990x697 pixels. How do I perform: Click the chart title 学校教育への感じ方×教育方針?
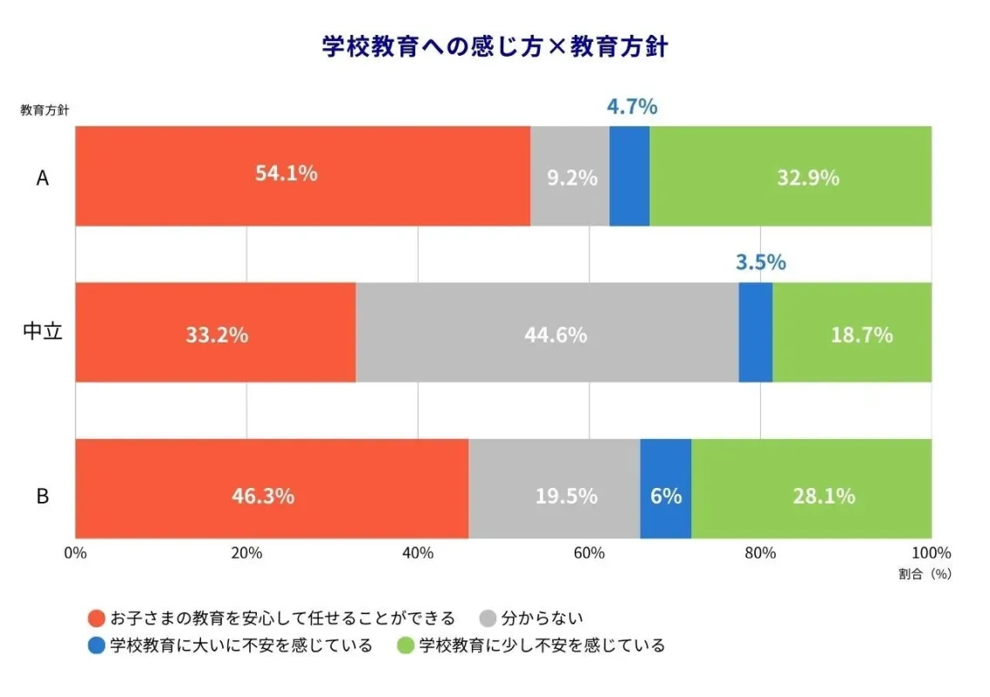495,47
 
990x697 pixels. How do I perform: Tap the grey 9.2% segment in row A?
569,176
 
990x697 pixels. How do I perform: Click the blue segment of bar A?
629,176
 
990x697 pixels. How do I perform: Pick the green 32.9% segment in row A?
791,176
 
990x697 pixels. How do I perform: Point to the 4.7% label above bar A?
631,107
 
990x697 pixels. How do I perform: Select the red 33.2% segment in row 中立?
215,332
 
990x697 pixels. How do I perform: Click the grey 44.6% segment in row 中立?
547,332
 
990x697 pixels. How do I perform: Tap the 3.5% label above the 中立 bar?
760,262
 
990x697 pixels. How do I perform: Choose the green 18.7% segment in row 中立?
852,332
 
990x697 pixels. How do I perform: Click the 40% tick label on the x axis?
418,553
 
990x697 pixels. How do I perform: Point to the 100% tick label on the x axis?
931,553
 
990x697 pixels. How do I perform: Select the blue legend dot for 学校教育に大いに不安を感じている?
98,646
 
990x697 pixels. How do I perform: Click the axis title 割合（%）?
925,575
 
